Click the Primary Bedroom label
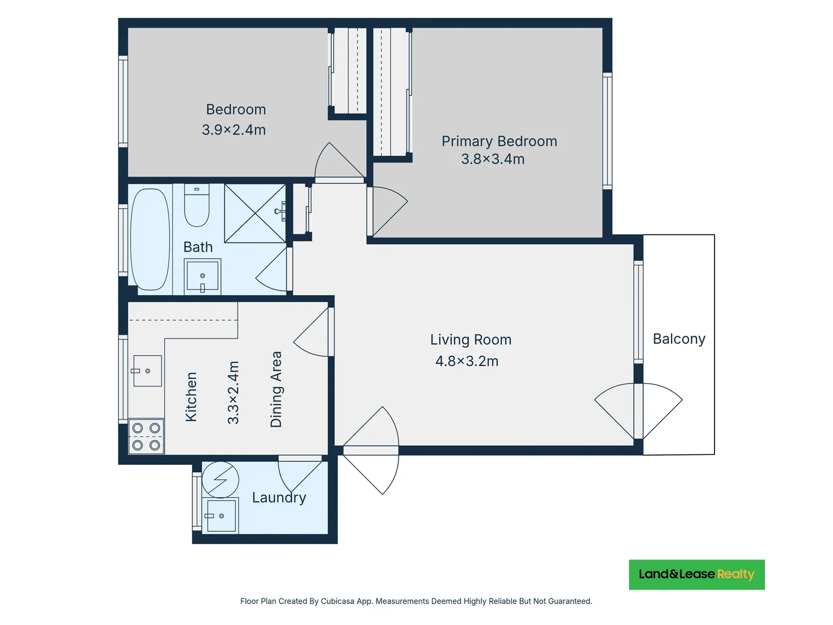(499, 141)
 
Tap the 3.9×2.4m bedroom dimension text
(234, 130)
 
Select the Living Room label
(471, 340)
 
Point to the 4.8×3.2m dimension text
(467, 361)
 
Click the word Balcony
(679, 339)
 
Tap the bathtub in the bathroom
(150, 239)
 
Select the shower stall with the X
(255, 214)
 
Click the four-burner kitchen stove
(146, 436)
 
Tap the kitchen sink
(147, 371)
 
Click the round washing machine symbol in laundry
(220, 479)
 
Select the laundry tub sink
(220, 515)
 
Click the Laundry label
(279, 498)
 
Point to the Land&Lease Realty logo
(696, 575)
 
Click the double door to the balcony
(639, 411)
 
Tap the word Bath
(198, 247)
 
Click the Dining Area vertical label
(276, 389)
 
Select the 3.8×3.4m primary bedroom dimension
(493, 159)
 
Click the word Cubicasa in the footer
(337, 601)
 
